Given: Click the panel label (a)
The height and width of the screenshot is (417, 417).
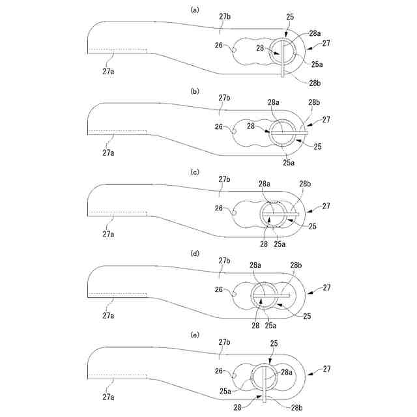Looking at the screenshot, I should (x=194, y=10).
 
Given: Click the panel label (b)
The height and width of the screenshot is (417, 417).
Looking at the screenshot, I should (x=194, y=92).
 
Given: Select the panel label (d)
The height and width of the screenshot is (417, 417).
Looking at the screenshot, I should (x=194, y=253).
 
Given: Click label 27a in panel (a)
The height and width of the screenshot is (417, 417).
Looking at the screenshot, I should (x=108, y=71).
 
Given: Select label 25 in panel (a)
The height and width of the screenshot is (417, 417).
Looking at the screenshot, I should (x=289, y=16).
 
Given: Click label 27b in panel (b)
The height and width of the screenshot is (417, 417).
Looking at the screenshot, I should (x=225, y=98).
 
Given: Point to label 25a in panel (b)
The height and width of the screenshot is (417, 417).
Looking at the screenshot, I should (x=287, y=161).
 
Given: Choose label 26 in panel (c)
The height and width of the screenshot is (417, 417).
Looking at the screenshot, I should (x=219, y=208).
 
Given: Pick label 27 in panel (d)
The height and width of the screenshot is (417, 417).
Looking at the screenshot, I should (x=326, y=287).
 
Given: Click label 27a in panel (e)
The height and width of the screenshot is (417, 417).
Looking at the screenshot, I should (x=108, y=395).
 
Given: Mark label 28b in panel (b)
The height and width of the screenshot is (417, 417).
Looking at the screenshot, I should (x=313, y=103).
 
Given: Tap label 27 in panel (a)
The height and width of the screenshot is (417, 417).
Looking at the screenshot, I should (x=326, y=44).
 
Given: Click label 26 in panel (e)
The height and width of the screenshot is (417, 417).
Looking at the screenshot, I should (x=219, y=371).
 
